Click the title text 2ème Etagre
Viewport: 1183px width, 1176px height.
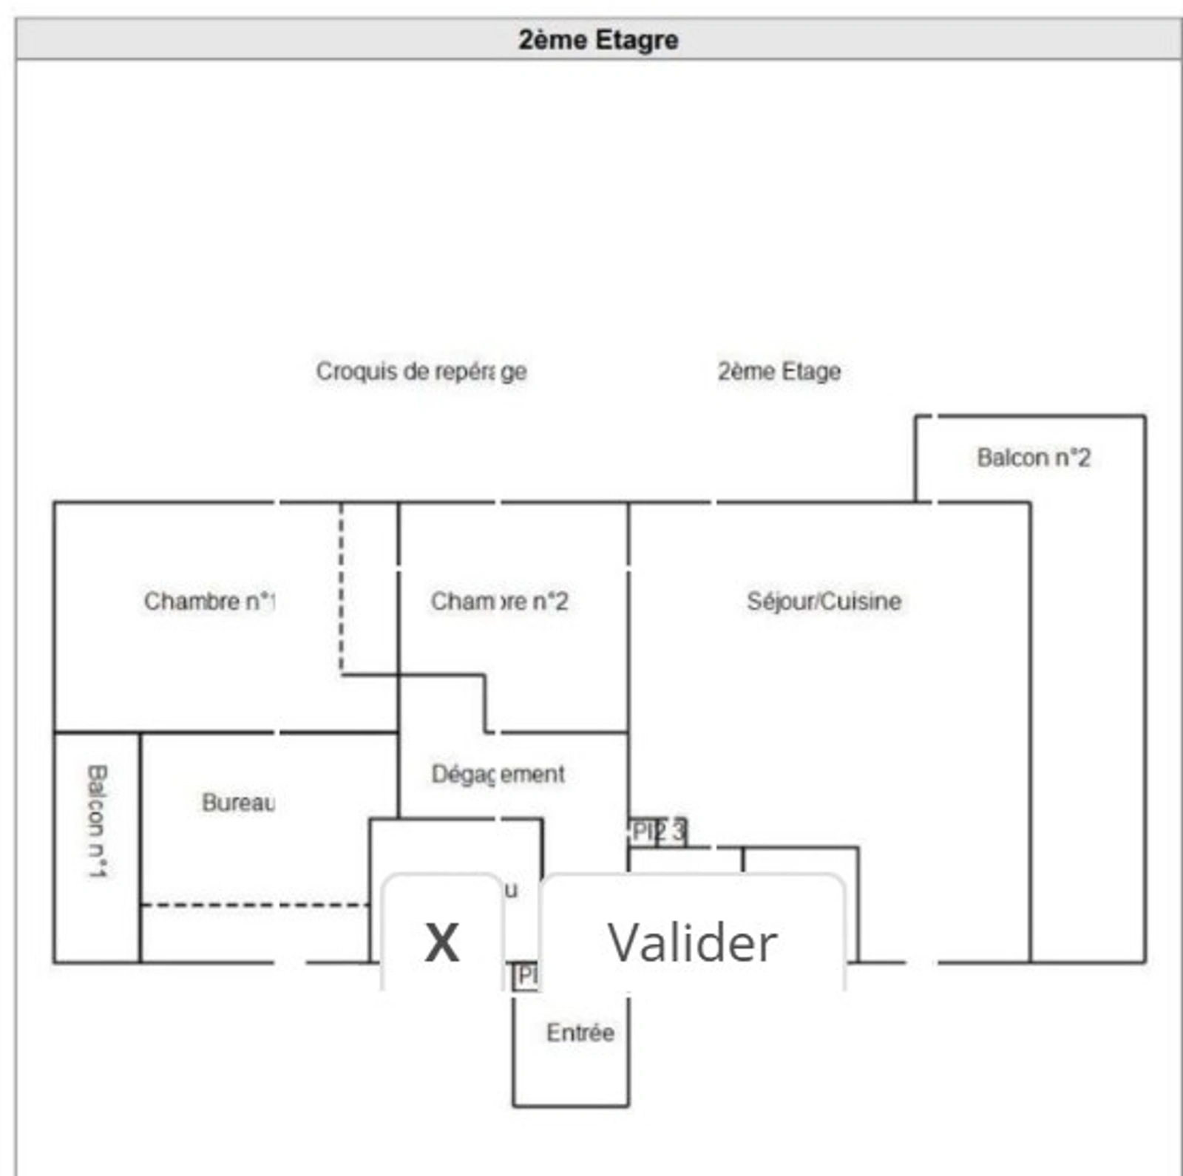(x=598, y=39)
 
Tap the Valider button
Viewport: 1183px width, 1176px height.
(x=692, y=942)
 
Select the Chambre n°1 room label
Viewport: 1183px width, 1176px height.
(x=209, y=601)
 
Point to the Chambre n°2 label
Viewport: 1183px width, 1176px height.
(x=499, y=601)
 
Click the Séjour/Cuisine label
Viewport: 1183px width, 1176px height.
(x=824, y=601)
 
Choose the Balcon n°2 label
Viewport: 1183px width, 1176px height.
(x=1033, y=458)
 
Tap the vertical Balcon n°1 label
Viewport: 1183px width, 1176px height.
(x=98, y=820)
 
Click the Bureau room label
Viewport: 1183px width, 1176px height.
(x=238, y=802)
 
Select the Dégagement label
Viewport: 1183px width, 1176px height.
(x=498, y=774)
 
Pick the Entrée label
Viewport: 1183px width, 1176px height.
(x=580, y=1032)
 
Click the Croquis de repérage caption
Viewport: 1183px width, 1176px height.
(x=421, y=371)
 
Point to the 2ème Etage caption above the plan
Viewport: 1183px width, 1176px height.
(x=779, y=371)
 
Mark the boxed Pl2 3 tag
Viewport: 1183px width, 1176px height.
(x=658, y=832)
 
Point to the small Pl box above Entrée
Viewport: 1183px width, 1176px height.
(x=526, y=976)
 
